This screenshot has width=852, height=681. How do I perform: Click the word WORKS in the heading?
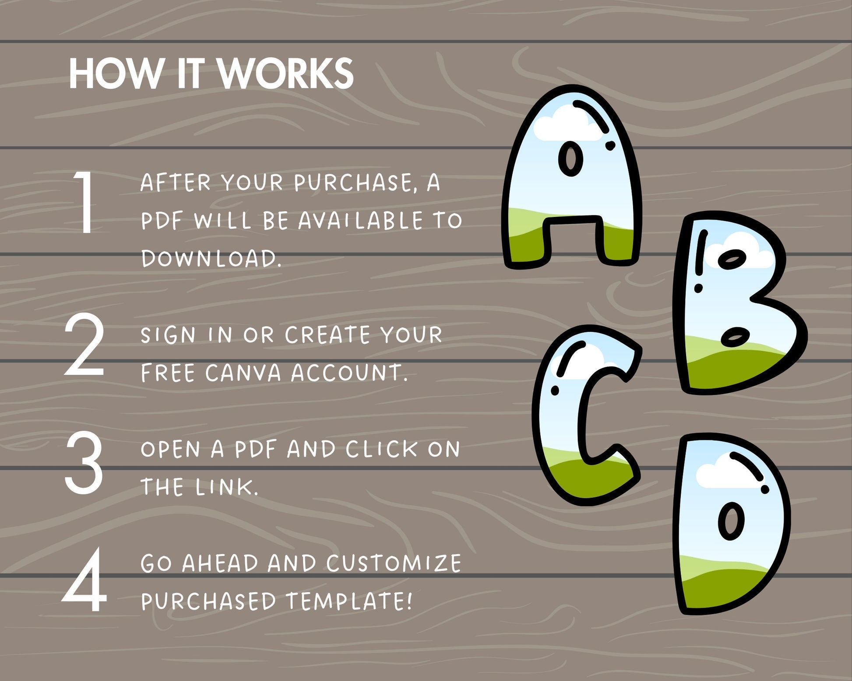[x=285, y=73]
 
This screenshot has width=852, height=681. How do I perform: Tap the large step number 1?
[x=84, y=202]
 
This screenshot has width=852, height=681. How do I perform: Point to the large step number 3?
[x=84, y=463]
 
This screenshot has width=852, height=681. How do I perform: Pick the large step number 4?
[x=84, y=580]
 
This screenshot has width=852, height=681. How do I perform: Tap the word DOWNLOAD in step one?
[x=211, y=258]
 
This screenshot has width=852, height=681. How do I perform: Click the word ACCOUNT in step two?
[x=349, y=373]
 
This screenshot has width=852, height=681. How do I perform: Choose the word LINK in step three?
[x=227, y=487]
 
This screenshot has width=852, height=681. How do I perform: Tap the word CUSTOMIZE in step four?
[x=394, y=563]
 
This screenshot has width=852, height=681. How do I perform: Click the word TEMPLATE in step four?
[x=349, y=601]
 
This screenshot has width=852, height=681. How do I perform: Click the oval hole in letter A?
[x=571, y=160]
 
